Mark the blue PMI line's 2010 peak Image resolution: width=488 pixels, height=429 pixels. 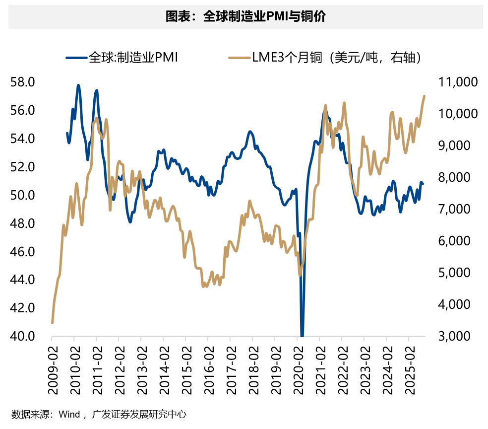click(78, 85)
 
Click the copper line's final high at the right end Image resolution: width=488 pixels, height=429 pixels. click(425, 96)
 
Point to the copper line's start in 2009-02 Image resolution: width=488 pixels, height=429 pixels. click(52, 323)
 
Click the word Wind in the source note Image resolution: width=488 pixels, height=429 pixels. click(69, 414)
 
